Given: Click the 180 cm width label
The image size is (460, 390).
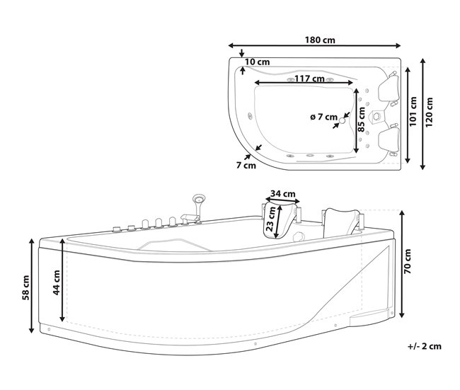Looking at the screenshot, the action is [320, 40].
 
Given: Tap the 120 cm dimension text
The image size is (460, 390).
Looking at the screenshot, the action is [429, 112].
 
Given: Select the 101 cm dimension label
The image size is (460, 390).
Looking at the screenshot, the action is [413, 112].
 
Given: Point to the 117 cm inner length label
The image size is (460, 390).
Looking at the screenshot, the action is [309, 79].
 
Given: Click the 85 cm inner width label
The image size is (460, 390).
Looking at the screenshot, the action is [362, 120].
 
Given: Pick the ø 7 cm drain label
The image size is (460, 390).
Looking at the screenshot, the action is [323, 117].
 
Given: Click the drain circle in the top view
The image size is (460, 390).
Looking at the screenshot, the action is [342, 120].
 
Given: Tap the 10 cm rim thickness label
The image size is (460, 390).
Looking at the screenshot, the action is [258, 62].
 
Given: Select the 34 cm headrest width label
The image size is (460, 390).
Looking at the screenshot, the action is [283, 194].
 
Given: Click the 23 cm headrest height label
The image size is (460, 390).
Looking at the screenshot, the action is [271, 219].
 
